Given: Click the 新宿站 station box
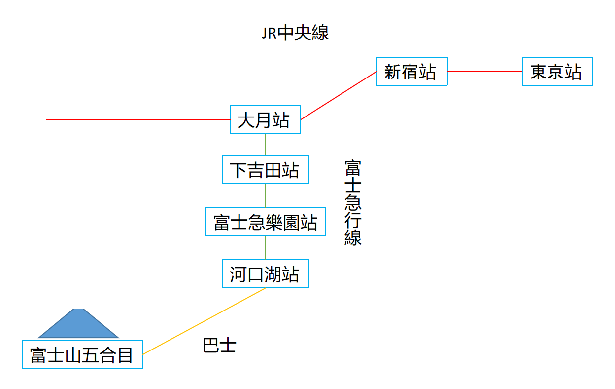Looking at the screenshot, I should pyautogui.click(x=412, y=72).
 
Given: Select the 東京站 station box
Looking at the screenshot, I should pyautogui.click(x=557, y=72).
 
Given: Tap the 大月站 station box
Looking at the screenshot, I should pyautogui.click(x=266, y=119).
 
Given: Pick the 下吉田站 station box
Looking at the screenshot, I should pyautogui.click(x=266, y=170).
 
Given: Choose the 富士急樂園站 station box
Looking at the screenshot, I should pyautogui.click(x=266, y=222).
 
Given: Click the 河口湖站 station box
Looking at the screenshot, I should pyautogui.click(x=266, y=273).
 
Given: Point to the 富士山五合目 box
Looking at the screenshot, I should pyautogui.click(x=82, y=354).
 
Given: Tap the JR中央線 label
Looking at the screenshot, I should pyautogui.click(x=295, y=33).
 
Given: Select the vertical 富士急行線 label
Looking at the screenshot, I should pyautogui.click(x=353, y=202).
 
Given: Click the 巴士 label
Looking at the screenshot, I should pyautogui.click(x=219, y=345).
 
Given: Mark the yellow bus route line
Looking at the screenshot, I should pyautogui.click(x=204, y=321).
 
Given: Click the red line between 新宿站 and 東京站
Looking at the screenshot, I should pyautogui.click(x=485, y=71).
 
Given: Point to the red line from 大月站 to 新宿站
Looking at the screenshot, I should pyautogui.click(x=339, y=95).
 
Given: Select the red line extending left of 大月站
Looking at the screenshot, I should pyautogui.click(x=138, y=119).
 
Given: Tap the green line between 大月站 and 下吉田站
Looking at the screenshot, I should pyautogui.click(x=266, y=145).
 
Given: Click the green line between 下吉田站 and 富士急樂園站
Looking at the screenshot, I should pyautogui.click(x=266, y=195).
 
